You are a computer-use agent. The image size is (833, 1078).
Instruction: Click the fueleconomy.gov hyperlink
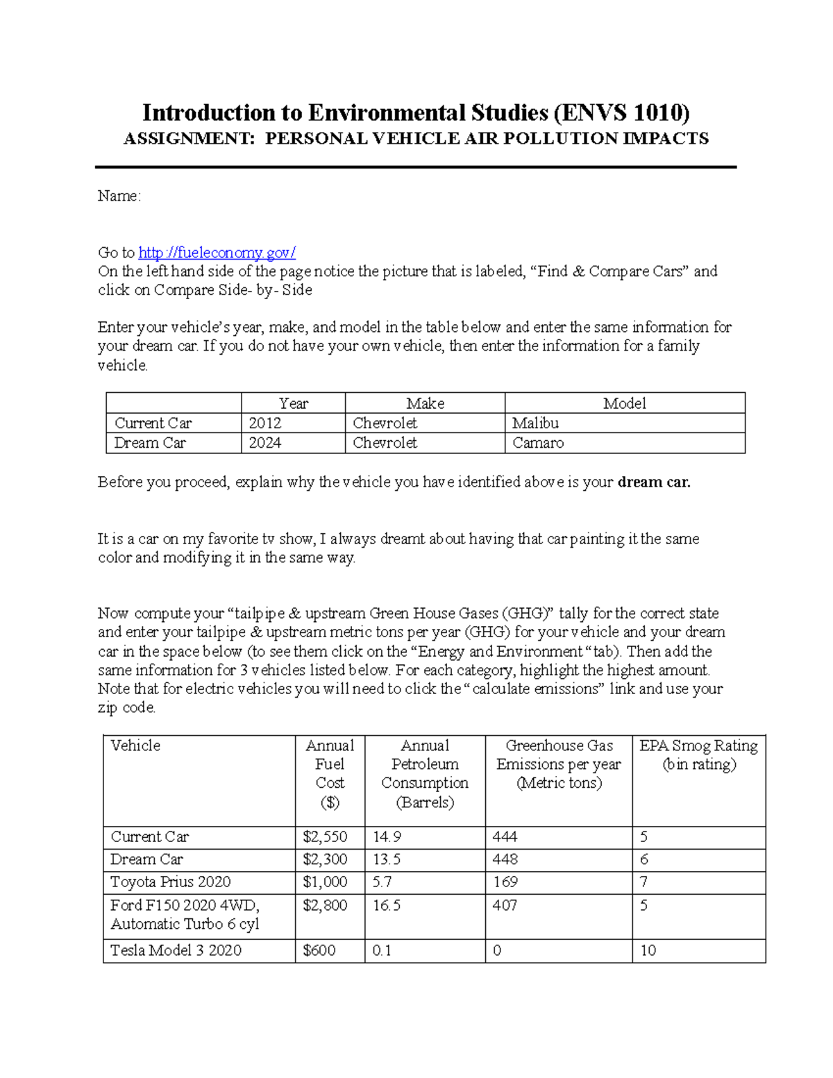pyautogui.click(x=217, y=253)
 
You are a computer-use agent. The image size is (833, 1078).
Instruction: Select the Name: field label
pyautogui.click(x=119, y=196)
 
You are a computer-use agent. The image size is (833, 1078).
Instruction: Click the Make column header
pyautogui.click(x=425, y=403)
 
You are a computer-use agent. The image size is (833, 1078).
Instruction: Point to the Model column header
pyautogui.click(x=624, y=403)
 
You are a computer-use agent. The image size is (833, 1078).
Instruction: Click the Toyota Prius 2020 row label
pyautogui.click(x=170, y=882)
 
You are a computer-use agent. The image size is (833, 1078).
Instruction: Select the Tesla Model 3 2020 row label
pyautogui.click(x=176, y=950)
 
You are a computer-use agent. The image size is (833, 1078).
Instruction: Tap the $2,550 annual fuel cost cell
pyautogui.click(x=325, y=837)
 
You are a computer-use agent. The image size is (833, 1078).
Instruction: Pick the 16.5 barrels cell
pyautogui.click(x=387, y=905)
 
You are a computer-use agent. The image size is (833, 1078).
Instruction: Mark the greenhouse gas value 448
pyautogui.click(x=505, y=859)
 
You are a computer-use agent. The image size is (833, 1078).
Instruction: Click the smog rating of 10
pyautogui.click(x=648, y=950)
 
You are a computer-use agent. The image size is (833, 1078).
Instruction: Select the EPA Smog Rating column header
pyautogui.click(x=698, y=755)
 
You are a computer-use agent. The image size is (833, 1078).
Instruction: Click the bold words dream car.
pyautogui.click(x=654, y=482)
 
